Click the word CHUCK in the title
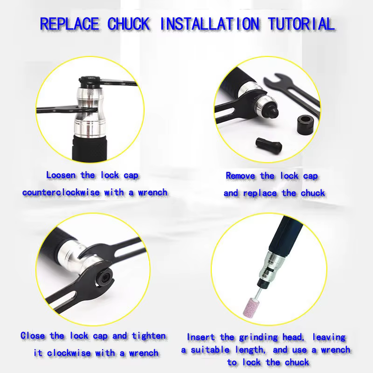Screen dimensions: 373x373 [129, 24]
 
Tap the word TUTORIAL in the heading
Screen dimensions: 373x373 [301, 24]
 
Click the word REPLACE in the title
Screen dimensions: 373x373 [69, 24]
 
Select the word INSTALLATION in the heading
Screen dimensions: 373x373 [210, 24]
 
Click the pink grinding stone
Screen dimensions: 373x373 [250, 307]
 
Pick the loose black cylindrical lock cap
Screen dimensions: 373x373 [305, 124]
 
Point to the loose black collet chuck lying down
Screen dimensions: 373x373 [269, 145]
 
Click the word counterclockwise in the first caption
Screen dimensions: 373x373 [61, 193]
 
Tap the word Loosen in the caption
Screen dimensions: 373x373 [61, 175]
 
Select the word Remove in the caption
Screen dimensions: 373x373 [240, 176]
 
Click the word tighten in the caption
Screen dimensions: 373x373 [149, 336]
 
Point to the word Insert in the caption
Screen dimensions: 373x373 [201, 337]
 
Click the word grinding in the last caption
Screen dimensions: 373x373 [258, 338]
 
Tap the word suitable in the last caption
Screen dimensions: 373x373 [210, 350]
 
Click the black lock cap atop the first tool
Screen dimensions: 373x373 [90, 81]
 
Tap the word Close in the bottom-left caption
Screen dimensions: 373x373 [33, 336]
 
